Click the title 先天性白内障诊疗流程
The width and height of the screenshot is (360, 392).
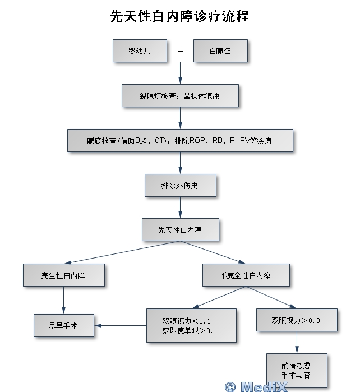point(179,17)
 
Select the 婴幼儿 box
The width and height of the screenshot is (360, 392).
point(139,51)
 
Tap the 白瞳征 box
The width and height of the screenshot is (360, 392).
point(220,51)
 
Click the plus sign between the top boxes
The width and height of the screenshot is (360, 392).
point(181,51)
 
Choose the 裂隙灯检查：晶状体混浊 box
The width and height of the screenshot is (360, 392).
point(180,96)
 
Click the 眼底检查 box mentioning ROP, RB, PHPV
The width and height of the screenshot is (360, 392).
point(180,141)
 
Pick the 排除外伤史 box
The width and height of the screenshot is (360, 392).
point(180,186)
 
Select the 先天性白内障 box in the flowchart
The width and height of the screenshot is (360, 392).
point(180,230)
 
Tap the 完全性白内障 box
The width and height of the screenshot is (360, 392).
point(63,275)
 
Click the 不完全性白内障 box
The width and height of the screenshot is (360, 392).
point(246,275)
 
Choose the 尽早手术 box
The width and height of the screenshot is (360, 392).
point(63,325)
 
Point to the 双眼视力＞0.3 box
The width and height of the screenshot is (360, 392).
point(296,320)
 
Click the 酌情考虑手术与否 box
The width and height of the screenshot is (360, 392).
point(296,370)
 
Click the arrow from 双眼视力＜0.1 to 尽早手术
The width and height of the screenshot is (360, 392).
point(120,325)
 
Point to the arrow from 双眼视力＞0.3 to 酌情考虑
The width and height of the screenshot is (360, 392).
point(296,342)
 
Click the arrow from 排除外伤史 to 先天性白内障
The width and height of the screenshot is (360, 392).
point(180,207)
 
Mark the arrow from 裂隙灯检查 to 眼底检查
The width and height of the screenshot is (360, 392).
point(180,118)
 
